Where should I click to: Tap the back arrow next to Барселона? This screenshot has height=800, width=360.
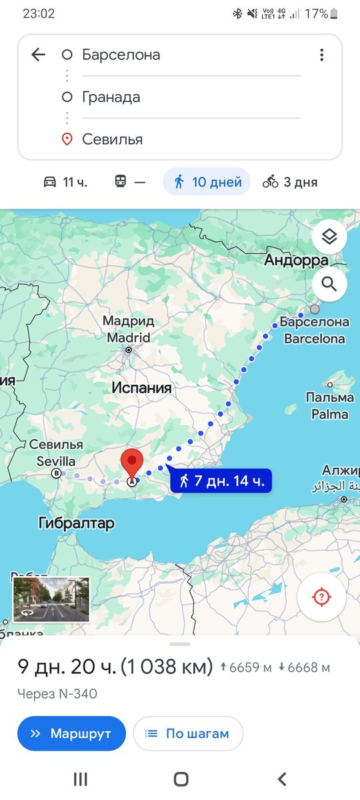coord(39,55)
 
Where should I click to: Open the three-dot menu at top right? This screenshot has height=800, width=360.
coord(321,55)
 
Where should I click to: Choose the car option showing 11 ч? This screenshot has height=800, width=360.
coord(65,181)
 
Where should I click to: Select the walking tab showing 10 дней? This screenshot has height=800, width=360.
coord(207,181)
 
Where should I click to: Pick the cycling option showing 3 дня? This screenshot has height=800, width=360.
coord(290,181)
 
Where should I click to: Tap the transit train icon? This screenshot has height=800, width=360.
coord(121,181)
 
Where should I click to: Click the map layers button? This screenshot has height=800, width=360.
coord(329,237)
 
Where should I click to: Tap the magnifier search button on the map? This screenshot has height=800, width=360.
coord(329,285)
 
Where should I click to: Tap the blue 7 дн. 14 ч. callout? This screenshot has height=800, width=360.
coord(221,480)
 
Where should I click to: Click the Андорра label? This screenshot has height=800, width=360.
coord(296,260)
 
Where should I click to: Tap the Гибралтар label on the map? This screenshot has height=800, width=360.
coord(77,523)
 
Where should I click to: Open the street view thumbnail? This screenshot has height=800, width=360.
coord(51,599)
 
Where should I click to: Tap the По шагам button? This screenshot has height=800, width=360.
coord(188,733)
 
